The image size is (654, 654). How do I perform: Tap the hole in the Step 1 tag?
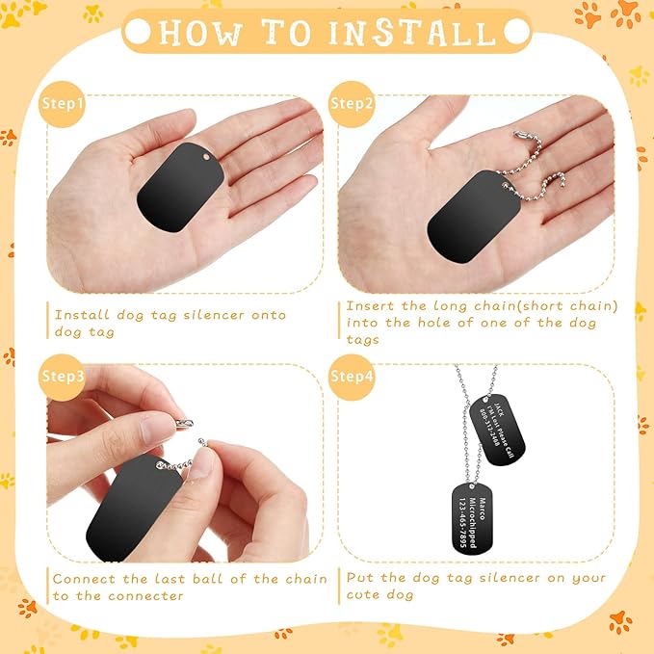(205, 155)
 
